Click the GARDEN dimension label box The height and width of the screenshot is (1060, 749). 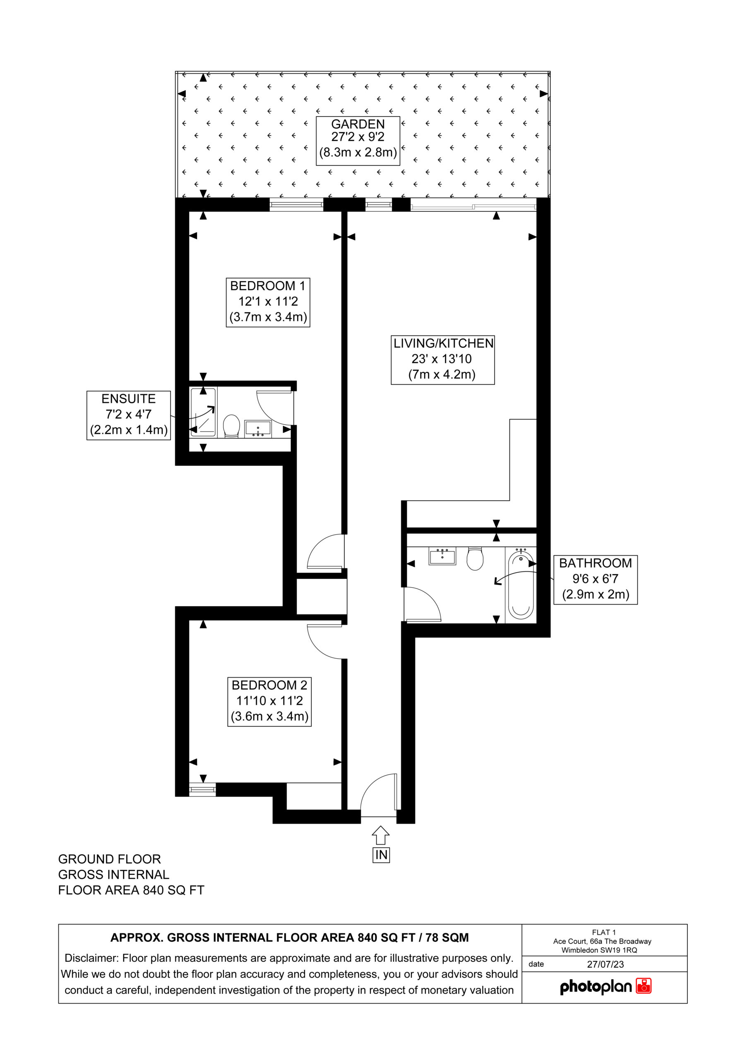point(358,141)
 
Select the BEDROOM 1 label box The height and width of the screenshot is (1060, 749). point(268,302)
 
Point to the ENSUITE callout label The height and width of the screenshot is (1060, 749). point(129,415)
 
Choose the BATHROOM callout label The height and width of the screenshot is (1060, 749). point(595,579)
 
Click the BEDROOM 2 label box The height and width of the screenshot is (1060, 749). point(269,701)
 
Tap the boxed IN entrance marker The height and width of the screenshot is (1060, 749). point(381,855)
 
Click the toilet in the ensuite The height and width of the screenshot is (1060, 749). point(231,426)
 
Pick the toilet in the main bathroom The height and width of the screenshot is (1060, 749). point(475,558)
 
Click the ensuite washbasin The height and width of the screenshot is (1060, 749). point(258,429)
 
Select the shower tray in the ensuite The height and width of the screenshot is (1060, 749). point(203,412)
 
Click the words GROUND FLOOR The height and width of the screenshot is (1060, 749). point(109,859)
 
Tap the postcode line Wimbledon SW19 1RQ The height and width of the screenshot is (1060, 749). point(599,950)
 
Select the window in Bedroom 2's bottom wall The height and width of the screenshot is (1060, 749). point(203,790)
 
